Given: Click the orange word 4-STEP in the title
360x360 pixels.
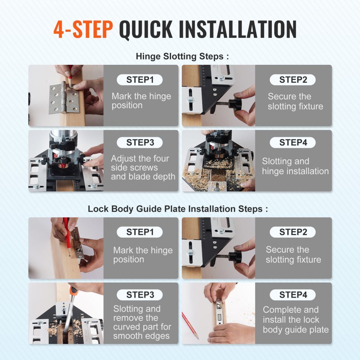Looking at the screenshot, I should pos(83,30).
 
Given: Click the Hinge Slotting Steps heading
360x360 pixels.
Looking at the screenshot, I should pos(182,57).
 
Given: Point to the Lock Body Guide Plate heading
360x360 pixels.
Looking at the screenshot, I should pos(178,209).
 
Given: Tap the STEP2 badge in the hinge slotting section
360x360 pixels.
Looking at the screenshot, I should pos(293,80).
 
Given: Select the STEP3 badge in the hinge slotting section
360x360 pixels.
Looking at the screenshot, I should pos(140,143).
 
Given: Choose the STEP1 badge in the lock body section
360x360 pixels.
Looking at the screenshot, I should pos(140,232).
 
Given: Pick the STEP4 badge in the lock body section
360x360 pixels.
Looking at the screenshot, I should pos(293,295).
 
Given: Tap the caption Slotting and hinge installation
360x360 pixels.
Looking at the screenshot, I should pos(295,166).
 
